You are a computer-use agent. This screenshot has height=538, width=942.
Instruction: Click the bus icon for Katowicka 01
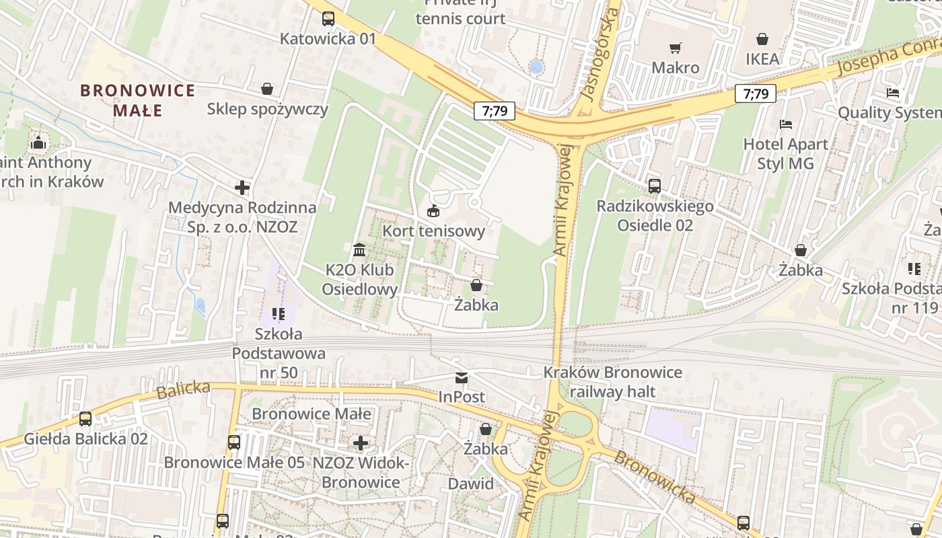pos(328,19)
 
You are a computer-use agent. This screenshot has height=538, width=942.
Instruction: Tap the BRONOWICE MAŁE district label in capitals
pos(137,100)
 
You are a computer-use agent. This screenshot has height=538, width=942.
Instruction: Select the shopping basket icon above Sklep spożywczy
pos(267,89)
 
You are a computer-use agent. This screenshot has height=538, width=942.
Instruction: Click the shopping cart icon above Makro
pos(675,48)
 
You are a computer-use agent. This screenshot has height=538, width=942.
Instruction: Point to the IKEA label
pos(762,59)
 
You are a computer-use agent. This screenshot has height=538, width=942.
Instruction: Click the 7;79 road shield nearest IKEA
pos(756,93)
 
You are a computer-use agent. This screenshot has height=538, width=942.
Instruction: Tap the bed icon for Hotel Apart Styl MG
pos(785,124)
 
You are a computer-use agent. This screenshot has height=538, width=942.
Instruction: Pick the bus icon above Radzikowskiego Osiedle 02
pos(654,186)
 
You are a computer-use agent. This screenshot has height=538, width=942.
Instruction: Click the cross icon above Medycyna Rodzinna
pos(242,188)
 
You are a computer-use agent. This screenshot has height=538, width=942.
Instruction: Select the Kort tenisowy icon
pos(433,211)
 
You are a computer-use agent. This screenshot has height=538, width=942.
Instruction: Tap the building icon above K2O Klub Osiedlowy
pos(359,250)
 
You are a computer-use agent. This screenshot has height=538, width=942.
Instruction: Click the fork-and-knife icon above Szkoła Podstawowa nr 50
pos(279,313)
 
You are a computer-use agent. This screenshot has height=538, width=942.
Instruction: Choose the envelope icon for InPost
pos(462,378)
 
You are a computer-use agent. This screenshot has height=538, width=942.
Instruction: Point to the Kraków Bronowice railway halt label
pos(612,382)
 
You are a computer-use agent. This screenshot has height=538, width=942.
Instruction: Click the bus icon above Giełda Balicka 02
pos(85,418)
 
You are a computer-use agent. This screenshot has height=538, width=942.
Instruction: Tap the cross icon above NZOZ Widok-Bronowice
pos(361,443)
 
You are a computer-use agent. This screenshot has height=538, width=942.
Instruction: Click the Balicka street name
pos(183,390)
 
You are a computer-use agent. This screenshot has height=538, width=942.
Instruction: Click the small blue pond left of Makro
pos(536,67)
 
